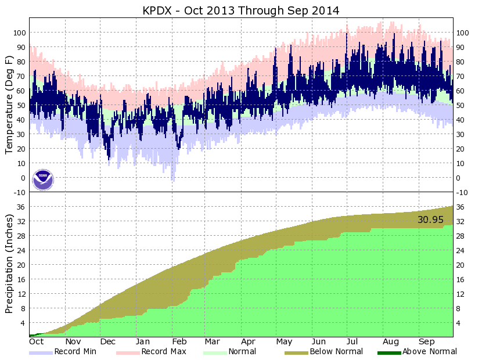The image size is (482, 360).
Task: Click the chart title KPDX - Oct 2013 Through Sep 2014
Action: click(241, 10)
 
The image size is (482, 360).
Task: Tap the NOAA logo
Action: click(43, 180)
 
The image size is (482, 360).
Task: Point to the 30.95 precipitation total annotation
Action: click(430, 220)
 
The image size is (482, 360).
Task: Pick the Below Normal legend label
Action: click(336, 351)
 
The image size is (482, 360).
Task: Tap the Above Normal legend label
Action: click(430, 351)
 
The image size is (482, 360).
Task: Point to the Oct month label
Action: click(37, 342)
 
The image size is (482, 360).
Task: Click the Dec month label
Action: click(108, 342)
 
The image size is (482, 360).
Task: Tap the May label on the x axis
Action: click(284, 342)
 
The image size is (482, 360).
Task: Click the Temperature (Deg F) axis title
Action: click(10, 105)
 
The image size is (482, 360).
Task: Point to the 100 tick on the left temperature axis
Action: click(19, 33)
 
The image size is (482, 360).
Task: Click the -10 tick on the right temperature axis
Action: click(462, 192)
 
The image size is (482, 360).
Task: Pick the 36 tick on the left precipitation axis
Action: click(21, 207)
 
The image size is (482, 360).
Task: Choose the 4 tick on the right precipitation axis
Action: click(459, 323)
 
